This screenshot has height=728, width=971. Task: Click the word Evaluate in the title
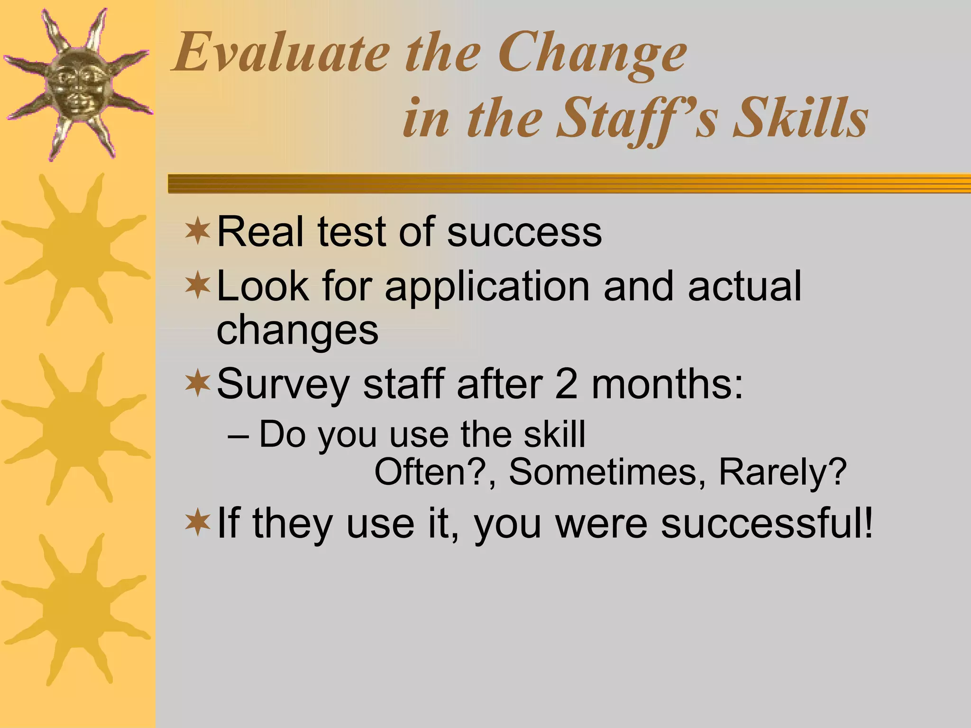click(281, 53)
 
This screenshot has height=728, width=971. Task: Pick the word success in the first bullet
click(524, 232)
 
